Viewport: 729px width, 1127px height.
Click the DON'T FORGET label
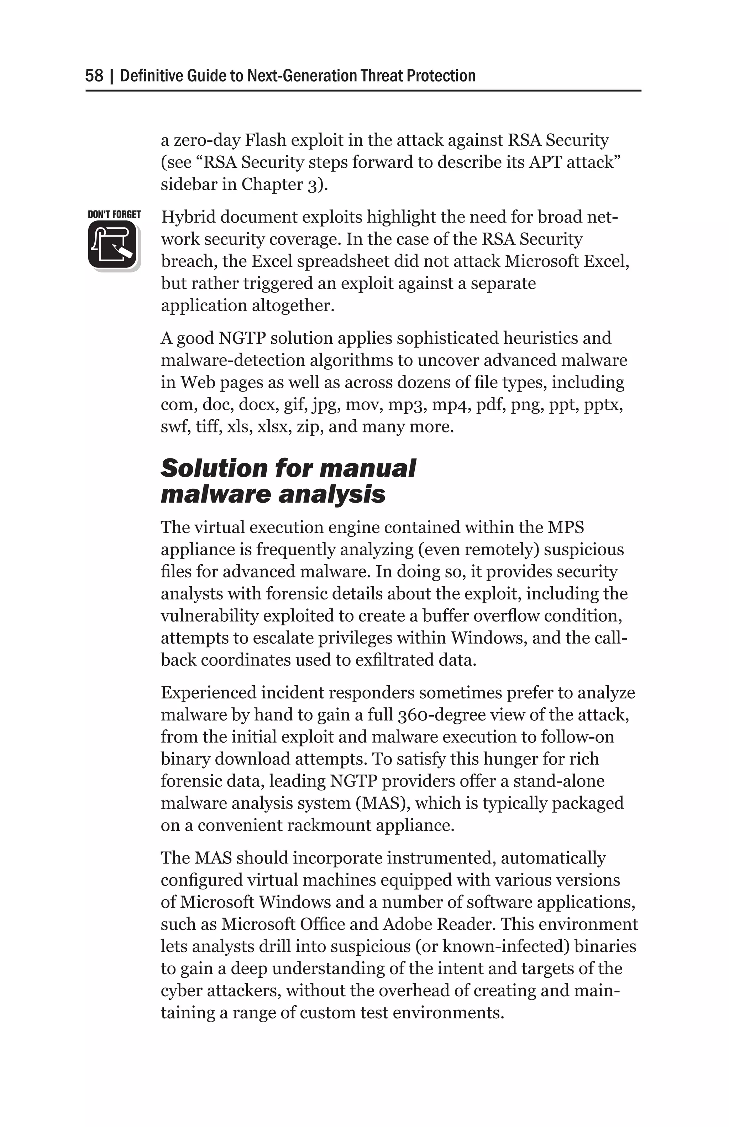(114, 214)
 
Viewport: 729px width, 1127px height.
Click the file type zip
(308, 427)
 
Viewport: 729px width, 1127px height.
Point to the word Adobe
(407, 924)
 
